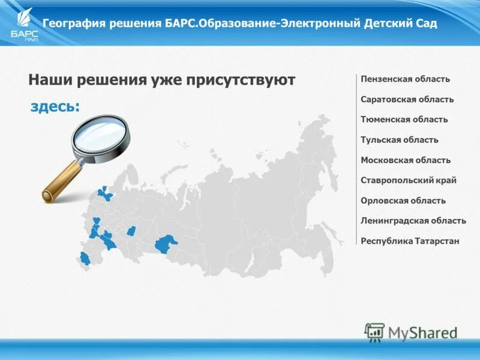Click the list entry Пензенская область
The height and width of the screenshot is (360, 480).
tap(405, 79)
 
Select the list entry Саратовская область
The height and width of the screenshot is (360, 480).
tap(407, 100)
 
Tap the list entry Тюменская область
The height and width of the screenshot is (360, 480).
tap(404, 119)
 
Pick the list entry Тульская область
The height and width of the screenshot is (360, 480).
tap(399, 140)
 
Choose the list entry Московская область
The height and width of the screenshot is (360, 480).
tap(405, 160)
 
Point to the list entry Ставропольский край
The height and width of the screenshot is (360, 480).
tap(408, 180)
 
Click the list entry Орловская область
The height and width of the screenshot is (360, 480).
tap(403, 200)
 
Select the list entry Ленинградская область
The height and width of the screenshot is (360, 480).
tap(413, 221)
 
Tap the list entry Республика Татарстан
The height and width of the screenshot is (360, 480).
tap(410, 241)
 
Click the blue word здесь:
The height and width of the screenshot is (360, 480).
tap(55, 107)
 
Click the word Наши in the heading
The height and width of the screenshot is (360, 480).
tap(50, 80)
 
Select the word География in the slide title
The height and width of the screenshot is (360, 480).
tap(74, 24)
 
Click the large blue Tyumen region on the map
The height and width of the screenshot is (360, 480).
tap(165, 244)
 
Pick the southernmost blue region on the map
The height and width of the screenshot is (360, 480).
tap(85, 259)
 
